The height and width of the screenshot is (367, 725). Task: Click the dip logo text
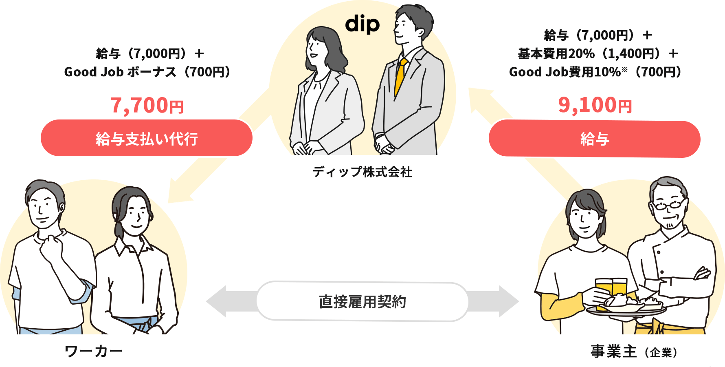tap(362, 24)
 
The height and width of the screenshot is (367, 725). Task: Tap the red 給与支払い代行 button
tap(147, 138)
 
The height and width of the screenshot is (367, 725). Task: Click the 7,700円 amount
tap(147, 106)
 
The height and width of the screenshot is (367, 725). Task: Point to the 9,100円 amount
tap(595, 106)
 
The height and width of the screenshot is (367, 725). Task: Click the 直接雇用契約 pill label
tap(362, 302)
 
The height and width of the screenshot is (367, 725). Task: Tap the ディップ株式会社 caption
tap(362, 172)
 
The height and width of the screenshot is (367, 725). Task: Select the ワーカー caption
tap(93, 351)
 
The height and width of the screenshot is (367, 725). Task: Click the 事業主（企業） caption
tap(634, 352)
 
